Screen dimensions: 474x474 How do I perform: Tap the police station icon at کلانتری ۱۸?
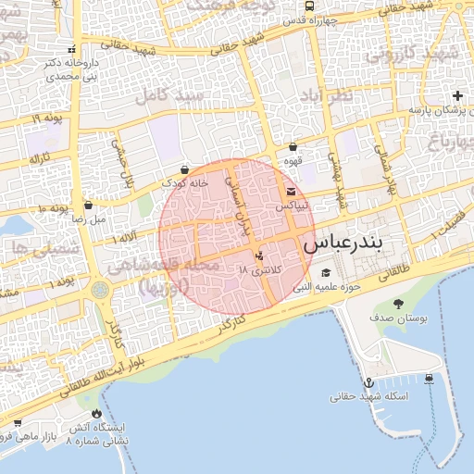258,255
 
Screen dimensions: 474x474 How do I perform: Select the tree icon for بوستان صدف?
399,304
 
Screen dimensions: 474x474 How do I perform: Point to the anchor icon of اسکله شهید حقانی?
368,381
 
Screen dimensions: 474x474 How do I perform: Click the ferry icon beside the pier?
430,378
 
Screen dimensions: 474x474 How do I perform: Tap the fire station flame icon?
96,414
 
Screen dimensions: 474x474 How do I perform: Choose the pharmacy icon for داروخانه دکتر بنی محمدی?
72,49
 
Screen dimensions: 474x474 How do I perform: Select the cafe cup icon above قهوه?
293,146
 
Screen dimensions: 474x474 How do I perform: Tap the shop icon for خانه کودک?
186,169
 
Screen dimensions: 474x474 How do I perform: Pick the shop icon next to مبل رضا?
89,206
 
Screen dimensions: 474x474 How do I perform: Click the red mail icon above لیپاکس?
291,191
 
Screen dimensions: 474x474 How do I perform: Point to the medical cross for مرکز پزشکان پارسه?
456,95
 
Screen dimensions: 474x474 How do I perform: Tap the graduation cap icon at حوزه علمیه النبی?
325,272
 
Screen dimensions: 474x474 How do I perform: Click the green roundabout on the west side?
100,291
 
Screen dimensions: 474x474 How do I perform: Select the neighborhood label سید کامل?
168,96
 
